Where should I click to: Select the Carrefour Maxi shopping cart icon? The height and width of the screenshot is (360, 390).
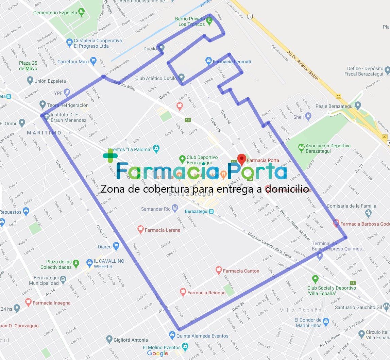click(94, 62)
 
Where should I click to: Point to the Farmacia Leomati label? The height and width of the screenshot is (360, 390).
click(232, 62)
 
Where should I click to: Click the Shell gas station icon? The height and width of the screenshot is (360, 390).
click(308, 117)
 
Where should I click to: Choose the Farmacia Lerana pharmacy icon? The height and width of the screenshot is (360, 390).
click(140, 229)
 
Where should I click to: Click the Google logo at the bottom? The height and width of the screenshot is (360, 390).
click(157, 353)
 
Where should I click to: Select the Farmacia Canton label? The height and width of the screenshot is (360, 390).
click(241, 271)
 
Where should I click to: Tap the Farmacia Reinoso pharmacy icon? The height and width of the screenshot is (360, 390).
click(183, 292)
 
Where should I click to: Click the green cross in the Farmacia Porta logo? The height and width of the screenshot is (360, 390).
click(110, 156)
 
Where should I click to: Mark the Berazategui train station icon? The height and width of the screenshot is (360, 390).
click(211, 211)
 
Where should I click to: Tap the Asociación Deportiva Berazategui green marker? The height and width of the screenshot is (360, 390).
click(301, 148)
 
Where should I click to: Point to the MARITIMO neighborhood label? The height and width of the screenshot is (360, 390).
click(44, 133)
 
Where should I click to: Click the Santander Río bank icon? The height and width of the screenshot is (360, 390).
click(175, 208)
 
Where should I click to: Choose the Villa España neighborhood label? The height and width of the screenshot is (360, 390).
click(301, 310)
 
